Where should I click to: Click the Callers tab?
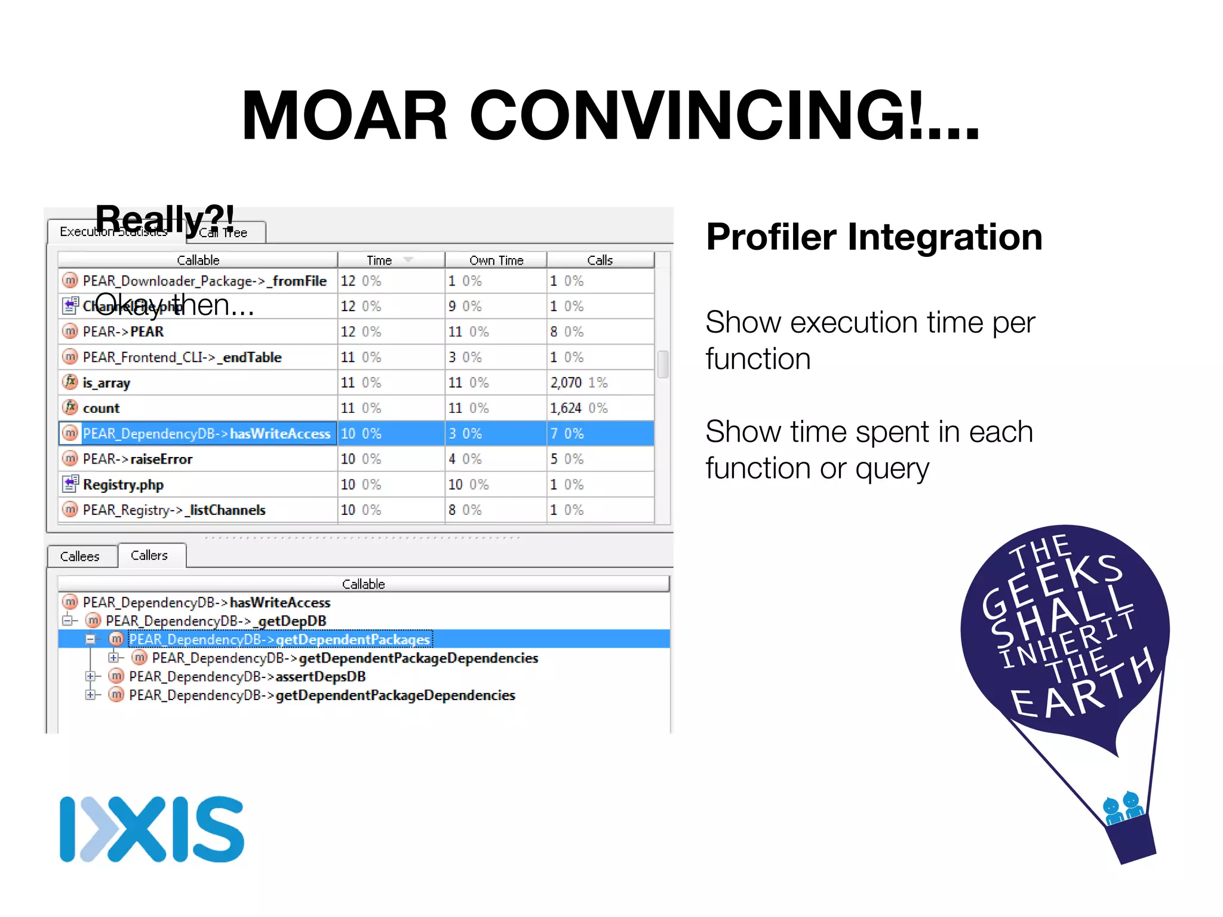[x=149, y=556]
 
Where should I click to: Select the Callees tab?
[x=80, y=557]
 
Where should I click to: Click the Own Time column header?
[x=496, y=260]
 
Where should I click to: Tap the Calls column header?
[x=600, y=260]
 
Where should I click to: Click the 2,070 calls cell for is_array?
[x=566, y=383]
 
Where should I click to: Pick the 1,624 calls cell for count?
[x=566, y=409]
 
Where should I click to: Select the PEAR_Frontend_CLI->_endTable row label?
[x=182, y=357]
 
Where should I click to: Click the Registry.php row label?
[x=123, y=484]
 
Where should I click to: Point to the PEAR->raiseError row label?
[x=137, y=459]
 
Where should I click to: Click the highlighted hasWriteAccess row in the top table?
[x=206, y=434]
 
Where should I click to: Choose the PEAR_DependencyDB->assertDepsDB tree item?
[x=247, y=677]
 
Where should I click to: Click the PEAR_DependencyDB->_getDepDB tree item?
[x=216, y=621]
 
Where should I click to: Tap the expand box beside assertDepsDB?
[x=90, y=677]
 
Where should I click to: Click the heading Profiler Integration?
[x=874, y=237]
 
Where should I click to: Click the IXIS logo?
[x=152, y=829]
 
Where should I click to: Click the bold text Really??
[x=165, y=219]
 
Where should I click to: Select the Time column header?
[x=379, y=260]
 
